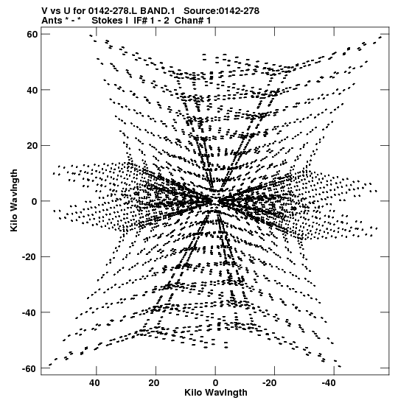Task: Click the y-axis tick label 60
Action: click(32, 34)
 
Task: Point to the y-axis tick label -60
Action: click(29, 368)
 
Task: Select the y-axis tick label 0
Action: click(35, 201)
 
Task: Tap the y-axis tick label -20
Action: click(29, 257)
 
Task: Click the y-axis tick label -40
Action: click(29, 312)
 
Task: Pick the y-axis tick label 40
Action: click(32, 90)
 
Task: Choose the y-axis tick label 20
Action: click(32, 145)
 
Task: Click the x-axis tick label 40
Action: click(94, 383)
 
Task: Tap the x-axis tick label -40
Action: click(329, 383)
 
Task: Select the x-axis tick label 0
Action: click(215, 383)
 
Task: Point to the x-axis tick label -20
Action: click(270, 383)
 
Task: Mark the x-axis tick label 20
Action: click(154, 383)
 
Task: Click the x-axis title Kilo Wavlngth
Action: click(216, 393)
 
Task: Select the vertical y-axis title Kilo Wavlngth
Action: click(14, 200)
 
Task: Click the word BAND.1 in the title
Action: click(157, 11)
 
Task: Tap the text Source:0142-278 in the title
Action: click(221, 11)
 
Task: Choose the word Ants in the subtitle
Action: click(52, 21)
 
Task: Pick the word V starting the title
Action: click(44, 11)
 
